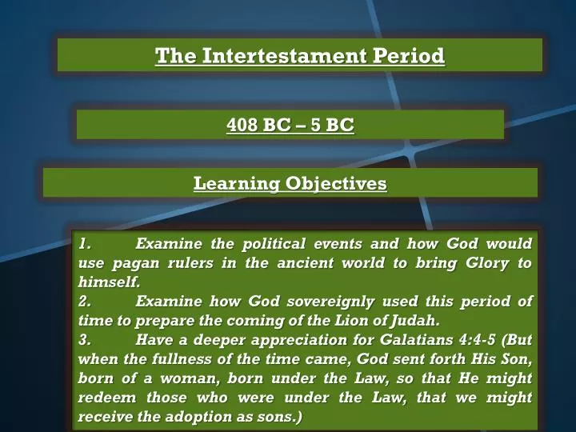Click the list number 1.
pyautogui.click(x=86, y=243)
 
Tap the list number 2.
pyautogui.click(x=86, y=302)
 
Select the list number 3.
pyautogui.click(x=86, y=340)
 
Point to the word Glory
pyautogui.click(x=458, y=262)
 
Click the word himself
pyautogui.click(x=110, y=282)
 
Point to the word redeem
pyautogui.click(x=107, y=398)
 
